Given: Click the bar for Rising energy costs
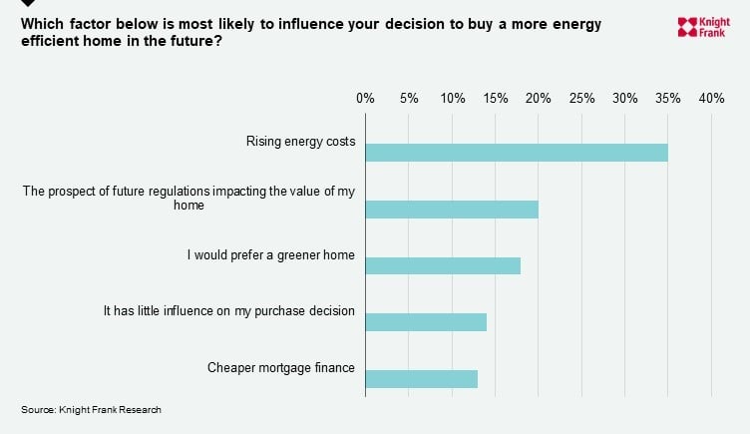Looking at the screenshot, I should [x=516, y=153].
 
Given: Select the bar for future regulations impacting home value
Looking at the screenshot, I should [x=451, y=210].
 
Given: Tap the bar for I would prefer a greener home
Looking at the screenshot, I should [x=442, y=265].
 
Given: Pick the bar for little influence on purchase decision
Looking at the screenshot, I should [x=425, y=322].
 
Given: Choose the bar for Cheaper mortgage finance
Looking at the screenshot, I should [x=421, y=379].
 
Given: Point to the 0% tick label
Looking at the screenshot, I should [x=365, y=99].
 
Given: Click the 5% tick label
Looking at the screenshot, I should [x=409, y=99].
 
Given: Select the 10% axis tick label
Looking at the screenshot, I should [x=452, y=99].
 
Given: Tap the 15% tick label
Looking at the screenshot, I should [x=496, y=99].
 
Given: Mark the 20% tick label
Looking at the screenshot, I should [x=539, y=99].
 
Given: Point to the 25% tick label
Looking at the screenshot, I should [x=581, y=99].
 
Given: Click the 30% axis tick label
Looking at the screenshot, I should [x=625, y=99].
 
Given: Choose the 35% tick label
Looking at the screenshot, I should [x=668, y=99].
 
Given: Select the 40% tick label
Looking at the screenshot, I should [x=711, y=99].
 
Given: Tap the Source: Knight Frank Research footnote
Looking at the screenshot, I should [x=91, y=410].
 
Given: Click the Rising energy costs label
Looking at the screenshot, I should [x=300, y=142].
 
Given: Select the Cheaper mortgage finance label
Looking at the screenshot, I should [x=280, y=368].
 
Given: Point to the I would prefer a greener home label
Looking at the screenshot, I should [x=270, y=254].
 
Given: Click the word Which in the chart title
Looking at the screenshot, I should [x=42, y=24].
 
